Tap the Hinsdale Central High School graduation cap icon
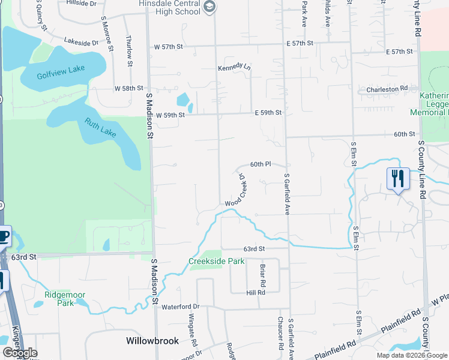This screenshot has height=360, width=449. click(209, 7)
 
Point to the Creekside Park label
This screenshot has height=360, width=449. click(217, 261)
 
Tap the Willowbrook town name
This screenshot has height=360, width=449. click(152, 341)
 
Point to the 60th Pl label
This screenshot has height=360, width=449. click(261, 164)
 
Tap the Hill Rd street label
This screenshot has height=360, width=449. click(256, 293)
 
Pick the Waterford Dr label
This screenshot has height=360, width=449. click(179, 307)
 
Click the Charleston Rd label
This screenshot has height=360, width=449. click(388, 89)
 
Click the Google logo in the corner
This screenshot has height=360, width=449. click(20, 353)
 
